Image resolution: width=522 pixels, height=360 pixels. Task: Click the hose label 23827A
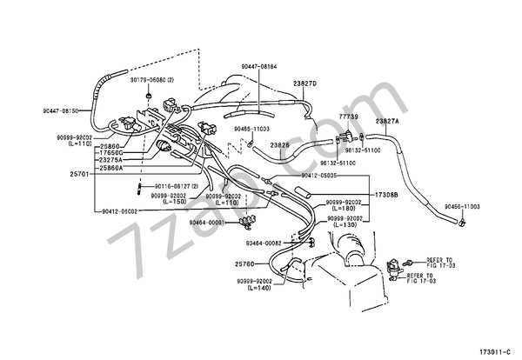[x=387, y=121]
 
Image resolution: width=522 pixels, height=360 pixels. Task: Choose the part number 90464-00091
[x=208, y=223]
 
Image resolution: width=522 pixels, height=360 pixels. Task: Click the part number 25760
[x=245, y=263]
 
